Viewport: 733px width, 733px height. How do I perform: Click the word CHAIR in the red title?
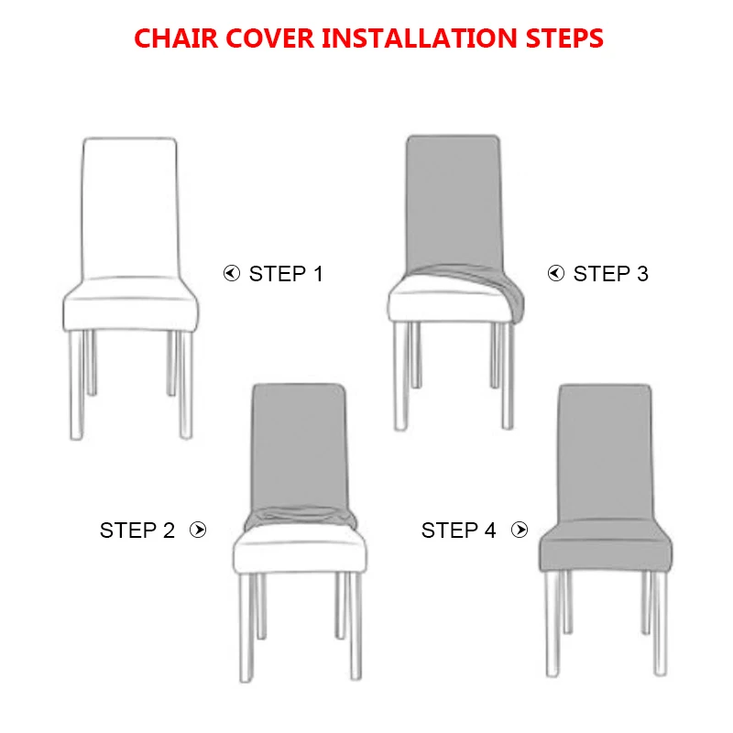[176, 38]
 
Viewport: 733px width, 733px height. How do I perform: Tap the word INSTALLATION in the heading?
[420, 38]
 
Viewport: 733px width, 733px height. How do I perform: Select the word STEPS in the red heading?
[564, 38]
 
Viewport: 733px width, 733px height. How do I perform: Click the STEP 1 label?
[286, 274]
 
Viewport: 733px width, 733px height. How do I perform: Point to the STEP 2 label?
[137, 531]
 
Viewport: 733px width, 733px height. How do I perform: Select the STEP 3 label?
[610, 274]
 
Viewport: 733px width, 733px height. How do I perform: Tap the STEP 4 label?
[458, 531]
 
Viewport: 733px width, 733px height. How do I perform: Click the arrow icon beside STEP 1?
[232, 273]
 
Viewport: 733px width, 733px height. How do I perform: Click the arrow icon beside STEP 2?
[198, 530]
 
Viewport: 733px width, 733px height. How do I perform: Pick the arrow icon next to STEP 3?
[556, 273]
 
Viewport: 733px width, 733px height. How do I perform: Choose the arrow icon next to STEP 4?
[520, 530]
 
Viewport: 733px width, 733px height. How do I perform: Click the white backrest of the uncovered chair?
[130, 208]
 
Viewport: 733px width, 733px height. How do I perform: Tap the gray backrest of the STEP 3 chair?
[454, 201]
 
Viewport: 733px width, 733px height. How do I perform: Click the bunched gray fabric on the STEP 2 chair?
[300, 518]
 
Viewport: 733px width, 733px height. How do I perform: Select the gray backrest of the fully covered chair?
[605, 451]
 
